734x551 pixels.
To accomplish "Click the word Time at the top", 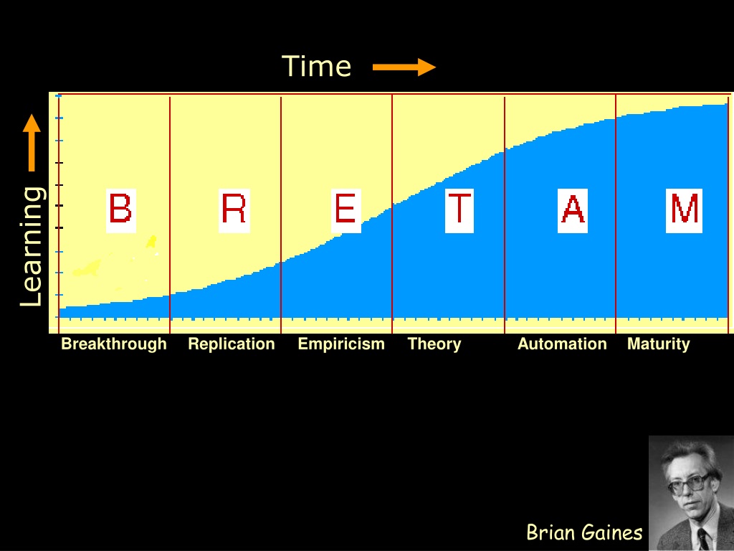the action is pyautogui.click(x=316, y=66).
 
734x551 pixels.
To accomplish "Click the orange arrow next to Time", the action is pyautogui.click(x=404, y=67).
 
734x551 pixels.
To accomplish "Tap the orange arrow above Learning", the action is pyautogui.click(x=32, y=143).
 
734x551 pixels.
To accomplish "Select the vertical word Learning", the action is pyautogui.click(x=32, y=247).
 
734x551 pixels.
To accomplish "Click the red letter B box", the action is pyautogui.click(x=120, y=210).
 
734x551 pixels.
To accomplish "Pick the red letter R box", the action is pyautogui.click(x=234, y=210).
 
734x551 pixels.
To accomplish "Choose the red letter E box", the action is pyautogui.click(x=346, y=210).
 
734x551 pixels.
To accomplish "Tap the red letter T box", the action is pyautogui.click(x=459, y=210).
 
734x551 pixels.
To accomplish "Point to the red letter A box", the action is pyautogui.click(x=573, y=210).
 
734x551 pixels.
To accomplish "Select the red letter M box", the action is pyautogui.click(x=684, y=210).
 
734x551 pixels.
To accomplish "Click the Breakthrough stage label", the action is pyautogui.click(x=114, y=344).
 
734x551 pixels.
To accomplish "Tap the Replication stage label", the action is pyautogui.click(x=232, y=344).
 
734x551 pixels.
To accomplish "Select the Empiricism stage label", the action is pyautogui.click(x=341, y=344).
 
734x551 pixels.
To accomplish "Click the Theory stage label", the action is pyautogui.click(x=434, y=344).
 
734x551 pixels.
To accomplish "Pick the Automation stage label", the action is pyautogui.click(x=562, y=344).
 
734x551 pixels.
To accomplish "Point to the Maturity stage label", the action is pyautogui.click(x=658, y=344).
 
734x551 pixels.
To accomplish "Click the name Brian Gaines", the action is pyautogui.click(x=584, y=532).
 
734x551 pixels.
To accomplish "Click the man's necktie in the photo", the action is pyautogui.click(x=703, y=539).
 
